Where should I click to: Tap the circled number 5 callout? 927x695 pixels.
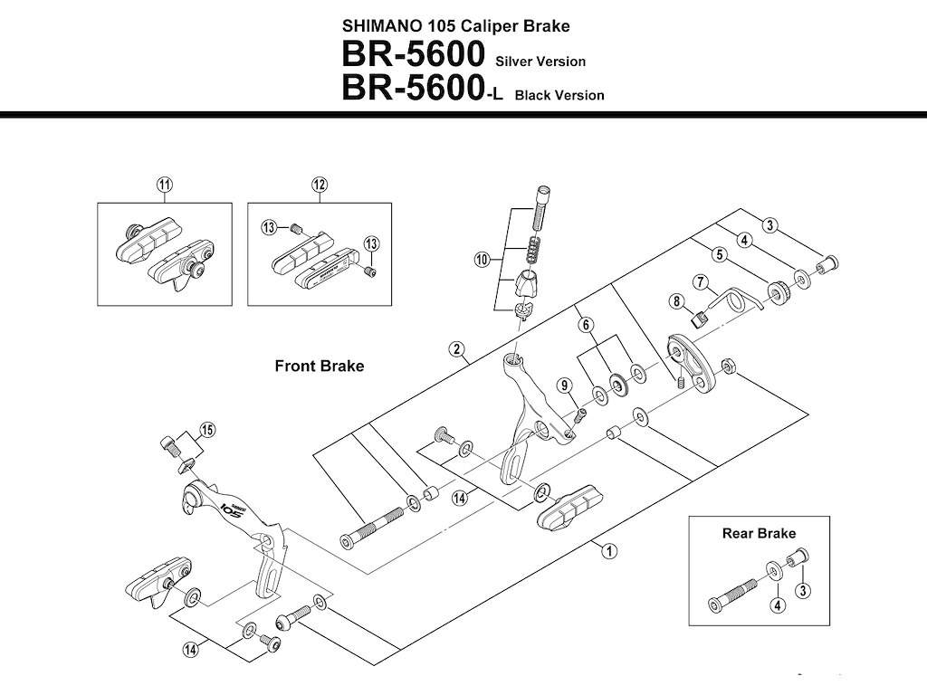tap(718, 255)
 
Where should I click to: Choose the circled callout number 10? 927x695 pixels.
tap(482, 260)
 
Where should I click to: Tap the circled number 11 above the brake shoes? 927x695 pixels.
tap(163, 185)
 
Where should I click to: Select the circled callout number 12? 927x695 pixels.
tap(319, 185)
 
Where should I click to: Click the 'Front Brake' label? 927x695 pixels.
tap(319, 367)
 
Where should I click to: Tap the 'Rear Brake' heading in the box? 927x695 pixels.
tap(759, 533)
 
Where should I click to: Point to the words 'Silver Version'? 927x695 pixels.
tap(540, 62)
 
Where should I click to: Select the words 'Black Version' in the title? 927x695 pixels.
tap(559, 95)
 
